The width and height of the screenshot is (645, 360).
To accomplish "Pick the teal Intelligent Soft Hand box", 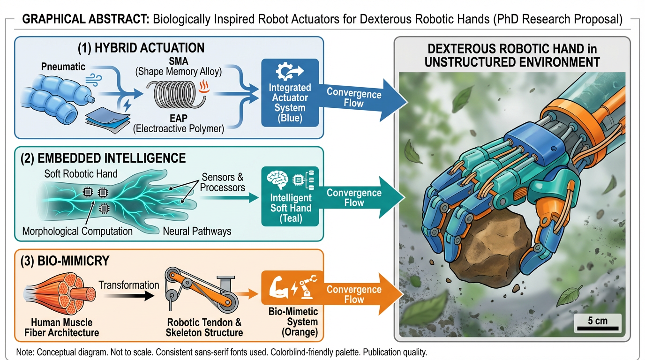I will (x=290, y=197).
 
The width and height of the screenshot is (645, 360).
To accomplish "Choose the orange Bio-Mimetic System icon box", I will (x=290, y=285).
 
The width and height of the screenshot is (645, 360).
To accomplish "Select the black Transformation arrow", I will (x=129, y=296).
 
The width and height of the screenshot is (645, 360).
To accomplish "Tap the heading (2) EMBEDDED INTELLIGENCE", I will (x=103, y=157).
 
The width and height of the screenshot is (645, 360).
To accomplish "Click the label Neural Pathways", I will (x=197, y=231).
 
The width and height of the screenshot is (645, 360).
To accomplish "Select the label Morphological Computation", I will (x=77, y=231).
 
